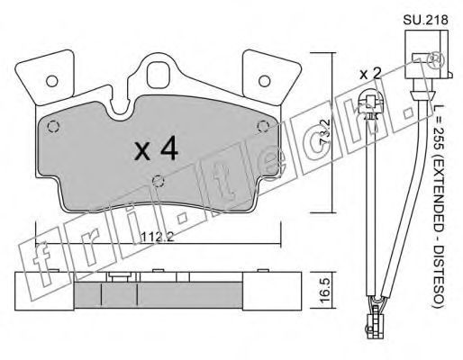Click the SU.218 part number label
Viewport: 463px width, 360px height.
425,21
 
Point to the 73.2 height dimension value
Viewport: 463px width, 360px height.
325,132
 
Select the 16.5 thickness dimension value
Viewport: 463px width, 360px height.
325,290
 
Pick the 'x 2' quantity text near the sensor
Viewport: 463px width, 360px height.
370,73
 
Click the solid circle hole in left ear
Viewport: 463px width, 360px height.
52,81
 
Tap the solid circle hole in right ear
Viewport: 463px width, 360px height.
265,81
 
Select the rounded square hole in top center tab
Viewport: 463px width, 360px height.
159,74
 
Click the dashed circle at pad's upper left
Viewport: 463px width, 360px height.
53,127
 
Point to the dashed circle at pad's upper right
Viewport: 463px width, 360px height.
263,127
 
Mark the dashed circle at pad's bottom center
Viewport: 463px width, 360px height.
159,181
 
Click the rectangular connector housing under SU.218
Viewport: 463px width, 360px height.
427,54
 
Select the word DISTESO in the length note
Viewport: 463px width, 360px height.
439,273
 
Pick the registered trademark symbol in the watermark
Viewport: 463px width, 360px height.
434,61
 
